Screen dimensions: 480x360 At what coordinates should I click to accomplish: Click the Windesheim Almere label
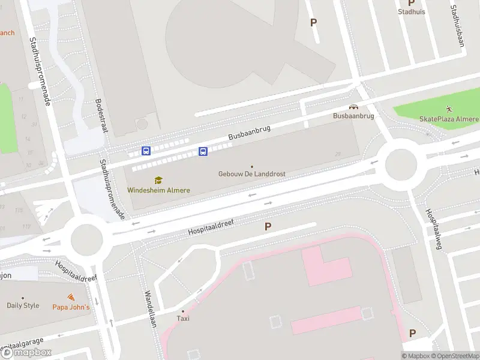coord(158,190)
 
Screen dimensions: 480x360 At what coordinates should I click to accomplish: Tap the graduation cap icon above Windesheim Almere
coord(158,180)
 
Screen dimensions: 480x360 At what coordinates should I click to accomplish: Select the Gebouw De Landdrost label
coord(251,174)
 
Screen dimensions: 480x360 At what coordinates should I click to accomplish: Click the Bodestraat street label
coord(99,113)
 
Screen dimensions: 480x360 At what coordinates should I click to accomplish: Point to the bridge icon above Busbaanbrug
coord(353,106)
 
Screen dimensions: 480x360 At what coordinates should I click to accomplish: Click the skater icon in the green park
coord(449,109)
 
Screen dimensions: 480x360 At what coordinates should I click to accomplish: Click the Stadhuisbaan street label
coord(460,28)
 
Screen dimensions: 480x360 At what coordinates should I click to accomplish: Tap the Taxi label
coord(183,319)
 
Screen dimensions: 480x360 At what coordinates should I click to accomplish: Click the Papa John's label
coord(71,307)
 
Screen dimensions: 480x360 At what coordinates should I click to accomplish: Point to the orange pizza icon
coord(71,298)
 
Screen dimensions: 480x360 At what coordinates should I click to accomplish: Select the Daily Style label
coord(23,305)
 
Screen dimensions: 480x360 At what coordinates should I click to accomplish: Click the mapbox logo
coord(27,353)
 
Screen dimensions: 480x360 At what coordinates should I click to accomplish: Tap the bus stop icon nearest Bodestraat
coord(146,151)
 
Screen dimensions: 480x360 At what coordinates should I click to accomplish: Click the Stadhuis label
coord(412,11)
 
